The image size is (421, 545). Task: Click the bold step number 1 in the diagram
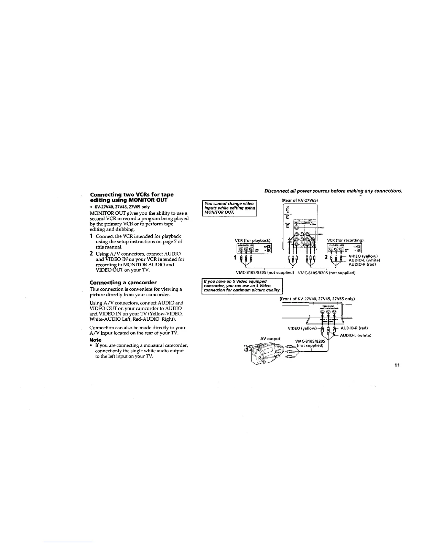pyautogui.click(x=235, y=257)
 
